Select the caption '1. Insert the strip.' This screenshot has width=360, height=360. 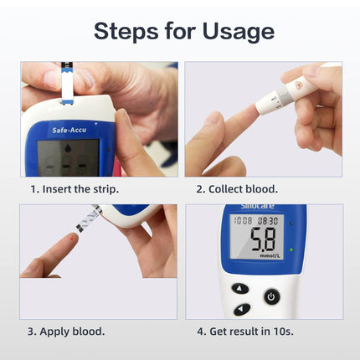pos(75,189)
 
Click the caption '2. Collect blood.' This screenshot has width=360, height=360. pos(237,189)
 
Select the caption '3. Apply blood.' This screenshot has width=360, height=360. pos(66,332)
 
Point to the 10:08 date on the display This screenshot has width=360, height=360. pos(244,221)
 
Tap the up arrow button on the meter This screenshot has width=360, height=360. pos(240,289)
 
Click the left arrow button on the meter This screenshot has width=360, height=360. pos(240,309)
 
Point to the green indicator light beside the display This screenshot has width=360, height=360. pos(291,249)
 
